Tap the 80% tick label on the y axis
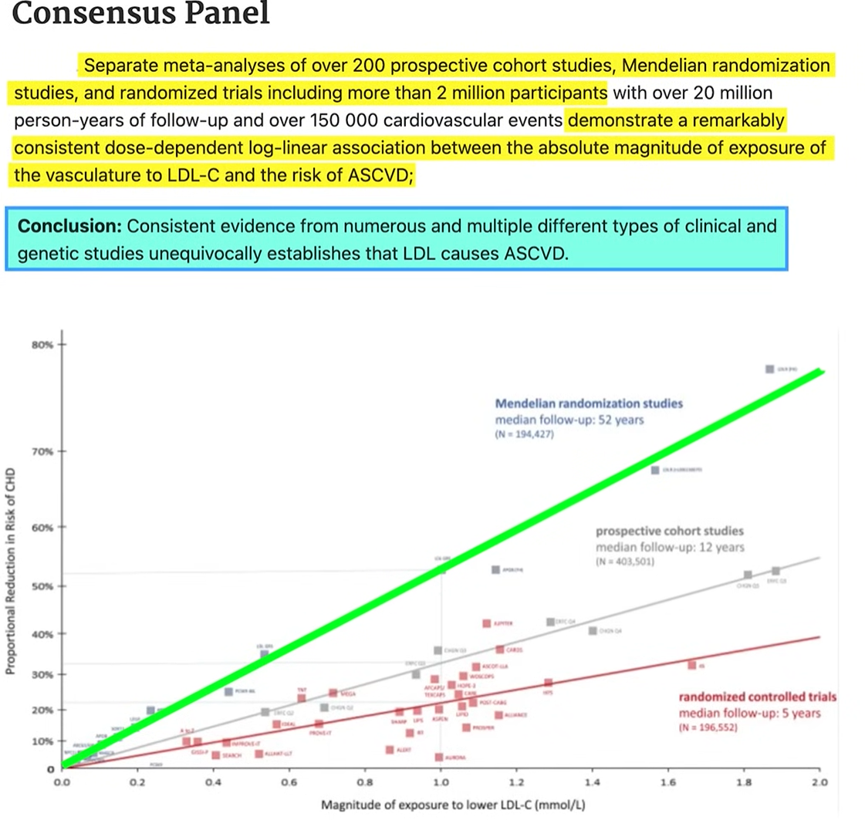(43, 344)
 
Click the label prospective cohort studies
(670, 531)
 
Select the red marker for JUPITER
(486, 623)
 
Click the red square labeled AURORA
(439, 758)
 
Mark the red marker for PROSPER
(466, 727)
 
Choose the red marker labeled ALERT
(390, 750)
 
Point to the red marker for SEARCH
(216, 755)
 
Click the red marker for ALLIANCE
(498, 715)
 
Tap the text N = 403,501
(626, 562)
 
